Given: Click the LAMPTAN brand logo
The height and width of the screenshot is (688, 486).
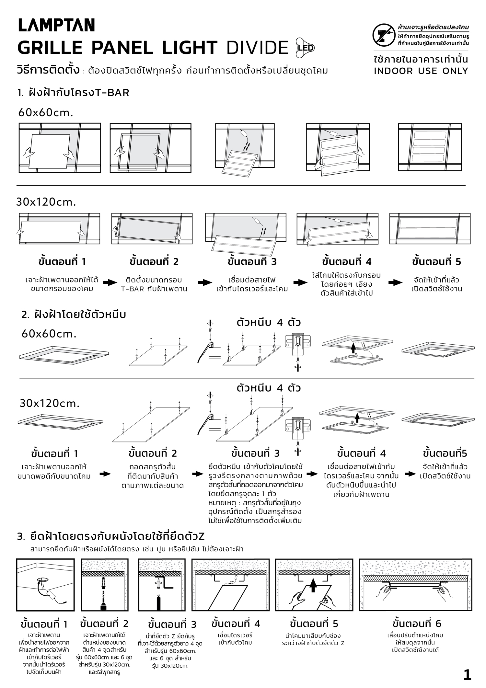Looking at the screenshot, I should click(56, 25).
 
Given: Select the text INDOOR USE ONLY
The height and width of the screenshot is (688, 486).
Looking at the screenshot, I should click(421, 71).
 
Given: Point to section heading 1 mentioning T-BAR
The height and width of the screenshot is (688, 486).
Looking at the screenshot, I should click(74, 93).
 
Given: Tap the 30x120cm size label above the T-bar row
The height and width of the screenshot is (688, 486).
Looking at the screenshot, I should click(46, 202).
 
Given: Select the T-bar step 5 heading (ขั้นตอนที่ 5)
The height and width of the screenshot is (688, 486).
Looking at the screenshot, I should click(436, 261).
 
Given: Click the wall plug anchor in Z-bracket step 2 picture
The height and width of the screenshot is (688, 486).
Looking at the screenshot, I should click(103, 583).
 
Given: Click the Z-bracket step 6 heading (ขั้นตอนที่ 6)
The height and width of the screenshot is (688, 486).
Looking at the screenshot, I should click(417, 624).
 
